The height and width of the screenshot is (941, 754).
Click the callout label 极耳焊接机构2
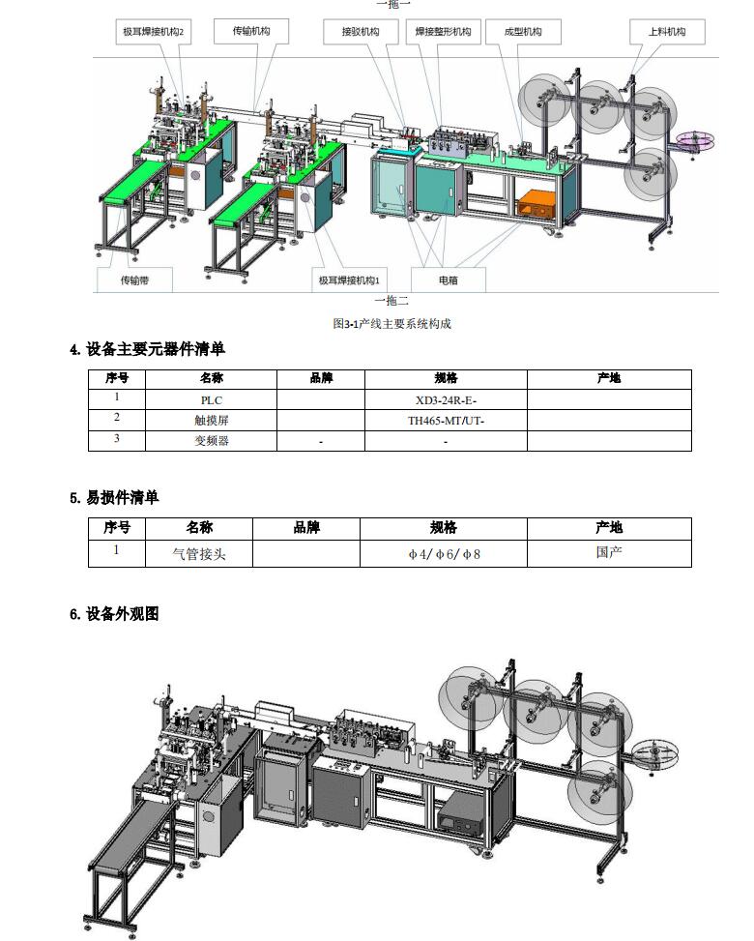(154, 32)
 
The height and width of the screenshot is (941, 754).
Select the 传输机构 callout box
(251, 31)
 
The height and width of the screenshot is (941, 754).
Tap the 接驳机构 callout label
(362, 32)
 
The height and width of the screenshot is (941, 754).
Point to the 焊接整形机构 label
(444, 32)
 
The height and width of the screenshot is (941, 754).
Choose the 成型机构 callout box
(523, 32)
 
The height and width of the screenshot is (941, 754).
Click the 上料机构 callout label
(667, 32)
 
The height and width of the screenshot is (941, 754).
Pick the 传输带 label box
(135, 280)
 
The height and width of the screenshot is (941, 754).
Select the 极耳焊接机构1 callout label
(349, 280)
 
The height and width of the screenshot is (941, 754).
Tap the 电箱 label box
(449, 280)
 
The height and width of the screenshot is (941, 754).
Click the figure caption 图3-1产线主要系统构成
(391, 324)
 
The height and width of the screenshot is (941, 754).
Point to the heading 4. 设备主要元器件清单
(148, 349)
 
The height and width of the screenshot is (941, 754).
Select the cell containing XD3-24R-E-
(446, 399)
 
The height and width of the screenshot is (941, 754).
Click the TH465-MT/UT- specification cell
(446, 420)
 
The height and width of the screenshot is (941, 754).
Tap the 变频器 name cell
(211, 440)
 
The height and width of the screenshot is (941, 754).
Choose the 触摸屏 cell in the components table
(211, 420)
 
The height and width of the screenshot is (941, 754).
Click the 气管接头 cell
(199, 553)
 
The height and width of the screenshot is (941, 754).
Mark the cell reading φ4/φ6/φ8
(444, 553)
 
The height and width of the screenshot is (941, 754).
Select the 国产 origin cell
(609, 553)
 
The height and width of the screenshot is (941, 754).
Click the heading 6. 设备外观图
(115, 614)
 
